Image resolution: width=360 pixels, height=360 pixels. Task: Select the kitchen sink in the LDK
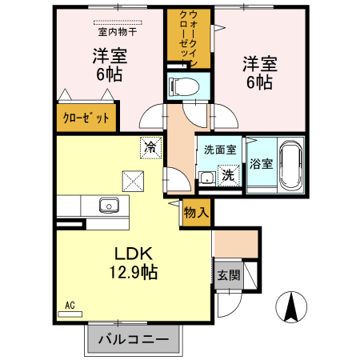click(109, 206)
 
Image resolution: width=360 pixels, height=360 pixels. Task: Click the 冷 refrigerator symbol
click(150, 146)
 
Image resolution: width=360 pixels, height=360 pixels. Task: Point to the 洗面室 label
click(218, 150)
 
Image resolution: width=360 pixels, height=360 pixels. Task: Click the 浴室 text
click(261, 164)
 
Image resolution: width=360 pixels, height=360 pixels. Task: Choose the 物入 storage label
click(196, 213)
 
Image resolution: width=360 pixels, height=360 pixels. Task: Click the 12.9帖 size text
click(133, 272)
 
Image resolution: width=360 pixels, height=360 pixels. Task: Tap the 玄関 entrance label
click(227, 275)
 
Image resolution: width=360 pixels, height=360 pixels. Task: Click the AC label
click(70, 305)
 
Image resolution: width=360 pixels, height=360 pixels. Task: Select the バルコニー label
click(133, 339)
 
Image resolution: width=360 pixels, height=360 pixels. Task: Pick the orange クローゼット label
click(87, 117)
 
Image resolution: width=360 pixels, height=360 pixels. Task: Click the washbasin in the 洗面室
click(206, 178)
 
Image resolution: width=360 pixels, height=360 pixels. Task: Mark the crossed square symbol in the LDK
click(130, 179)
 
